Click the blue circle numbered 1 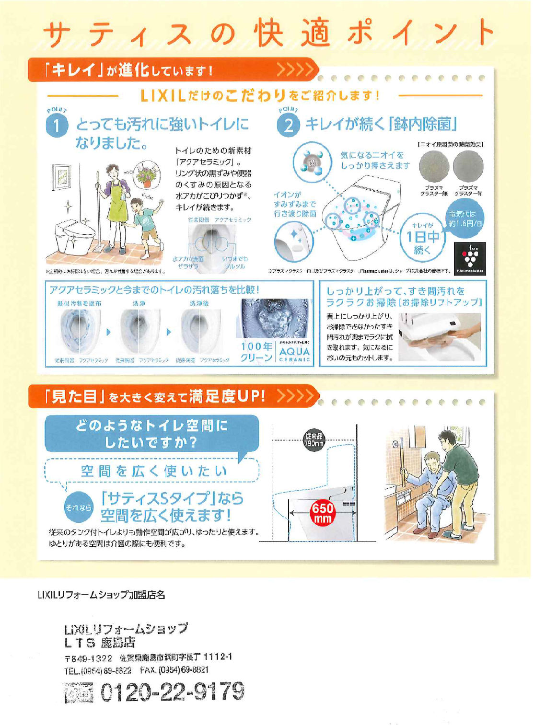click(57, 126)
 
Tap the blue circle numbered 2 click(288, 126)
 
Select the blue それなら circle click(78, 507)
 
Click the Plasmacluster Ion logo click(470, 258)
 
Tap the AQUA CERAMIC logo click(294, 354)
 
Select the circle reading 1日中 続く click(422, 237)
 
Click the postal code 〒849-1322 click(88, 658)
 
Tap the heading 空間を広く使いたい click(153, 471)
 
